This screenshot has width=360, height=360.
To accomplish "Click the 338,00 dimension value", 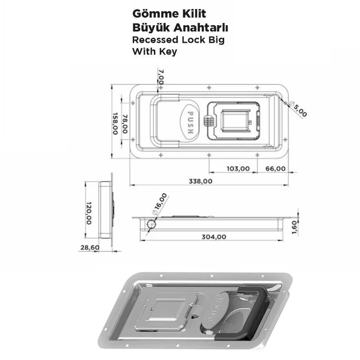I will [x=200, y=181].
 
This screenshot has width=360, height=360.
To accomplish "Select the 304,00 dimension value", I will [x=214, y=237].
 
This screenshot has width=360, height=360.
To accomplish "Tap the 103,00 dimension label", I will [x=238, y=169].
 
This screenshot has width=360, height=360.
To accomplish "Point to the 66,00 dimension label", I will [x=275, y=169].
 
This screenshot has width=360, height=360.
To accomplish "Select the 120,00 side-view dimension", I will [x=89, y=213].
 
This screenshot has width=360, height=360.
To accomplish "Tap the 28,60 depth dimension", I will [x=88, y=247].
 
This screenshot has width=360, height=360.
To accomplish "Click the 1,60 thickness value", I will [x=295, y=225].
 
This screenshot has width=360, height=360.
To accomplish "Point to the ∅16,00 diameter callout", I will [x=160, y=203].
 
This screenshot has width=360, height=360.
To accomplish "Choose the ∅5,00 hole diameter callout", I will [x=297, y=109].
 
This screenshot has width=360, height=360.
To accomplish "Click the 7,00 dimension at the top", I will [x=161, y=77].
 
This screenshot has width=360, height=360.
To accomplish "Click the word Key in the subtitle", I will [x=167, y=51].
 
